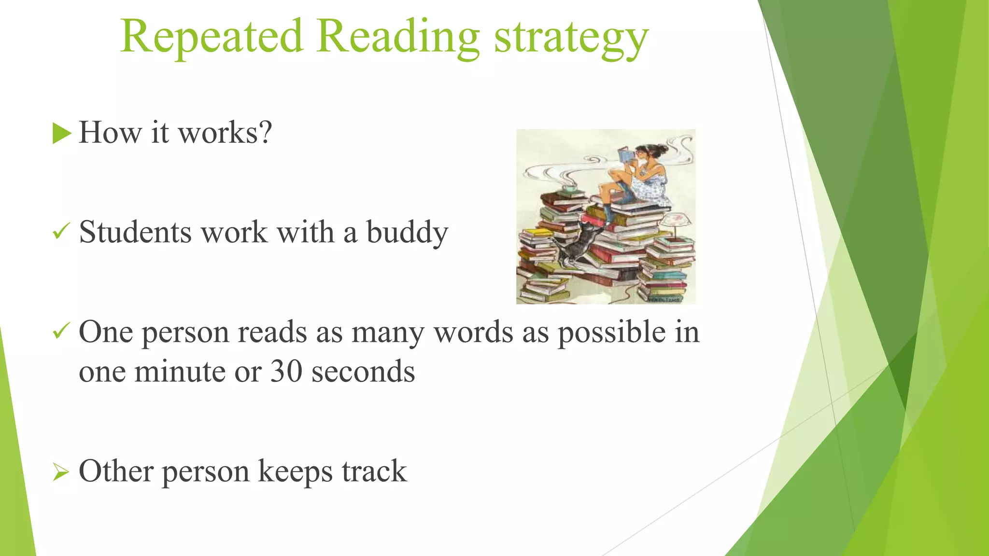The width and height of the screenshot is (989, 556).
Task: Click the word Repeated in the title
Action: [212, 37]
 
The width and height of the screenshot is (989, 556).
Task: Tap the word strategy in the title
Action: [571, 39]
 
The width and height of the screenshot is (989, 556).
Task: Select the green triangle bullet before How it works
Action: [61, 133]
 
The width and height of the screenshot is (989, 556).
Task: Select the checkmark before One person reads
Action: [61, 331]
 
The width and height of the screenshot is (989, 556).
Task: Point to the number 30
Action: [286, 372]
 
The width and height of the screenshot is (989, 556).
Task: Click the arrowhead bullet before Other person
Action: [61, 472]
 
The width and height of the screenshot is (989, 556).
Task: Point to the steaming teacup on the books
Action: [569, 188]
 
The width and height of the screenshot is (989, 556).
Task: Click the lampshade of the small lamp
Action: [675, 220]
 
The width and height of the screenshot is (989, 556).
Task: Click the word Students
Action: [135, 233]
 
